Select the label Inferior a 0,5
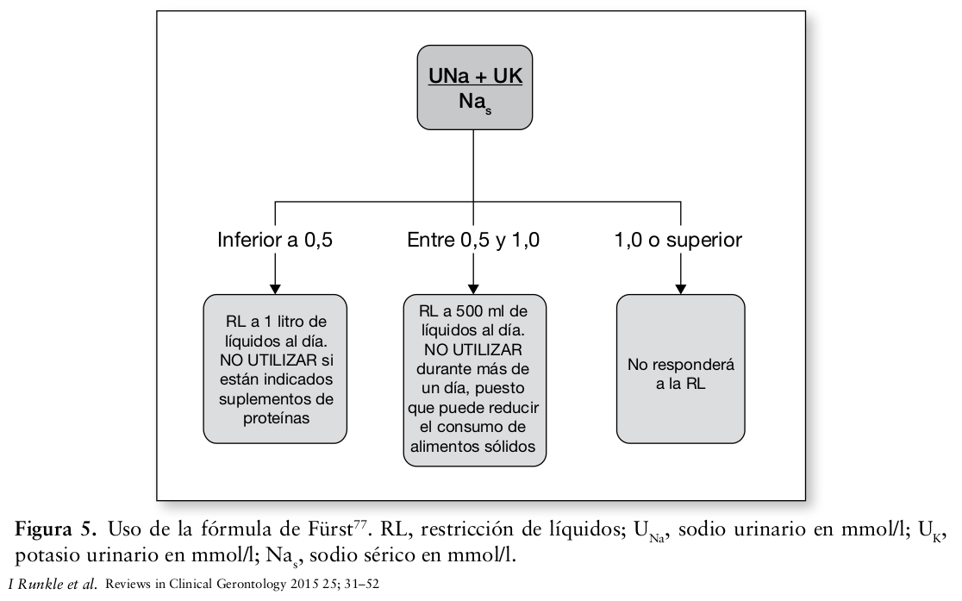point(275,240)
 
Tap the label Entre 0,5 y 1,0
point(473,240)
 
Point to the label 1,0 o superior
point(678,240)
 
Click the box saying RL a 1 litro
point(275,368)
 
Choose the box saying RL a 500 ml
point(474,379)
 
